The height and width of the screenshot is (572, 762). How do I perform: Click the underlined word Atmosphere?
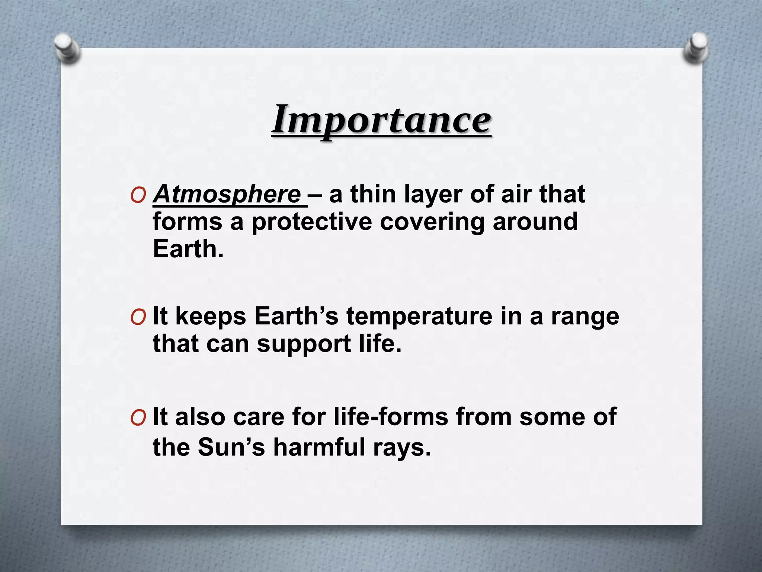[227, 194]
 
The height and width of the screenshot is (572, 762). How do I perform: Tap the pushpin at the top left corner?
[67, 48]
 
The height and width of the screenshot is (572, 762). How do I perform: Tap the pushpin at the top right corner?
[695, 48]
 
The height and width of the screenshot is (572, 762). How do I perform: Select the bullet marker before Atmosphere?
[138, 195]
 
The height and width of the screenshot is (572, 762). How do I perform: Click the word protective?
[312, 222]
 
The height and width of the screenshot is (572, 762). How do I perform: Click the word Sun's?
[231, 447]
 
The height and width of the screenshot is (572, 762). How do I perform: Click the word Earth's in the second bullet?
[296, 317]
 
